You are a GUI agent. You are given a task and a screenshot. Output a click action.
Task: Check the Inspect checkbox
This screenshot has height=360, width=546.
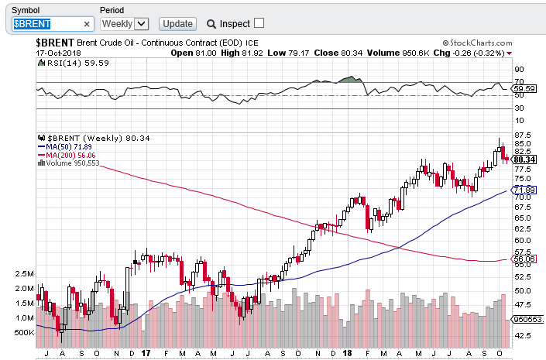coord(259,24)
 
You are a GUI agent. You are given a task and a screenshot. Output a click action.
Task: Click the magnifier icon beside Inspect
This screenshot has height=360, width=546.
coord(211,24)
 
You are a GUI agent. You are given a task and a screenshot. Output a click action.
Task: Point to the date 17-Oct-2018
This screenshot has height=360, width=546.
coord(59,53)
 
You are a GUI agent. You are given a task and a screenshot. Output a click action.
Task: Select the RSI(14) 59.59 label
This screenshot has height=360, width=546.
coord(69,63)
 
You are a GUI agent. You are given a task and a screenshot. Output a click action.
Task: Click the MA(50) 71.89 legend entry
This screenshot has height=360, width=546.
coord(69,146)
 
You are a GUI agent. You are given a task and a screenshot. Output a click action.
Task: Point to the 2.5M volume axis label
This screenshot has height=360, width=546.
coord(23,274)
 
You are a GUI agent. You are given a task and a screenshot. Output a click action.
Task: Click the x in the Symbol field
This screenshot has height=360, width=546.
coord(87,24)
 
